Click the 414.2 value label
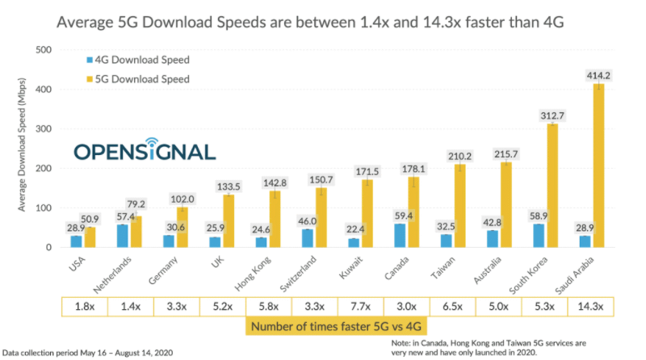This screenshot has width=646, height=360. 598,76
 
